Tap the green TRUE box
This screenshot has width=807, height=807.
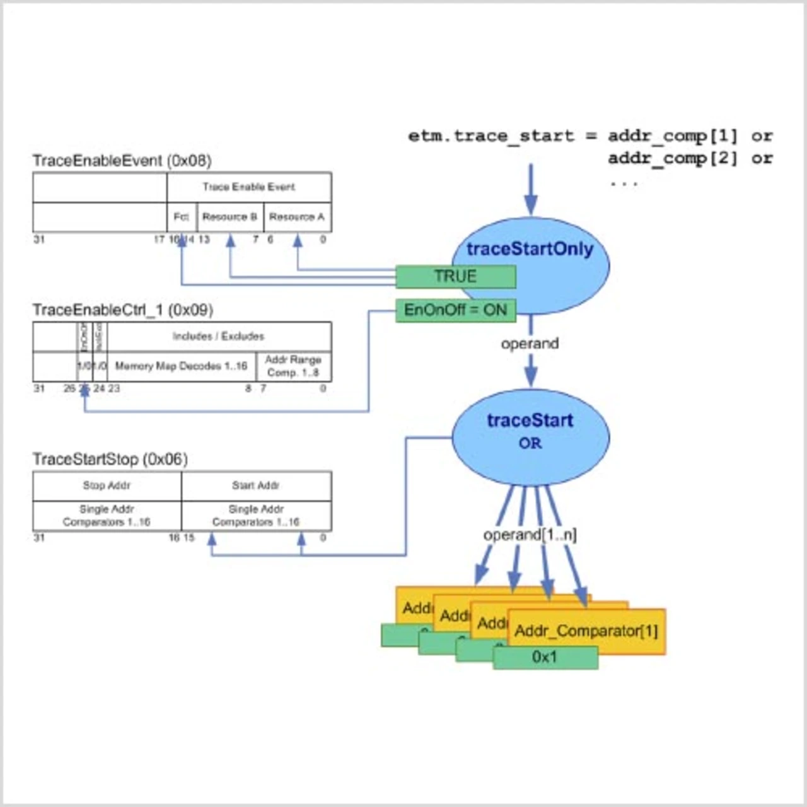455,277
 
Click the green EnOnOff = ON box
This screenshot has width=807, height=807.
455,310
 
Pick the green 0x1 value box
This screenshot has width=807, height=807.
545,658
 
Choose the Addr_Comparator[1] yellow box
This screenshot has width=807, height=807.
586,630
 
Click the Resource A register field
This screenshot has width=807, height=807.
297,217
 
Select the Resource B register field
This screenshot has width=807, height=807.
229,217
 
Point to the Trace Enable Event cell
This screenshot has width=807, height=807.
249,187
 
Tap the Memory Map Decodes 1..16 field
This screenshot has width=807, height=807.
181,366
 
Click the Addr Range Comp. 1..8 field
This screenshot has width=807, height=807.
293,366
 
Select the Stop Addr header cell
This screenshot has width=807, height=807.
107,485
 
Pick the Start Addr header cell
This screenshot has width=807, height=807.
256,485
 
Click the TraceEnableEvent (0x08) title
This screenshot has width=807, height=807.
122,161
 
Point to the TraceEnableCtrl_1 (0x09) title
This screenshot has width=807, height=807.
123,310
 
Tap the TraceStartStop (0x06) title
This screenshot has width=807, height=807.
110,459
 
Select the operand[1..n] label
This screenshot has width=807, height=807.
530,535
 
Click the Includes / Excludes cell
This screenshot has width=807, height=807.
218,336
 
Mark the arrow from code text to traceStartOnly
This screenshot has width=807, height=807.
531,189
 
